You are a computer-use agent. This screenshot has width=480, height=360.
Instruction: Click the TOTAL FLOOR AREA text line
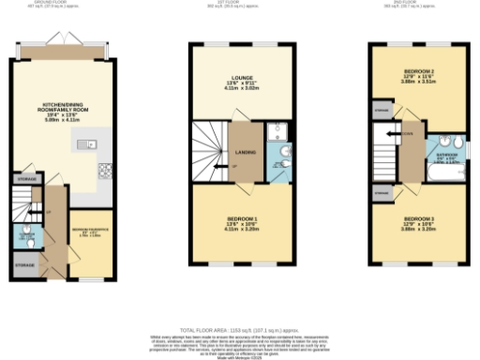point(239,331)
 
